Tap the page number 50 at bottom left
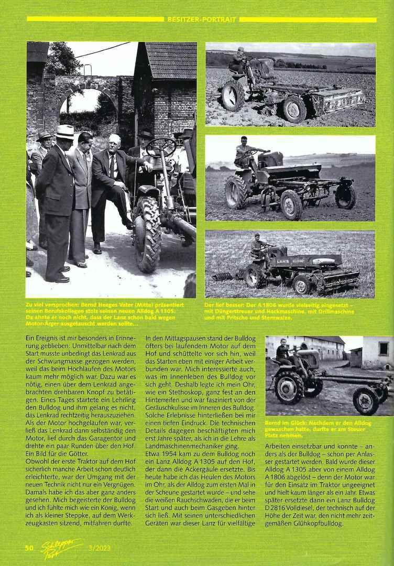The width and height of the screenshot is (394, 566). point(30,548)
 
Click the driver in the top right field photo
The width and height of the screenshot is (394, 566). point(239,60)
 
